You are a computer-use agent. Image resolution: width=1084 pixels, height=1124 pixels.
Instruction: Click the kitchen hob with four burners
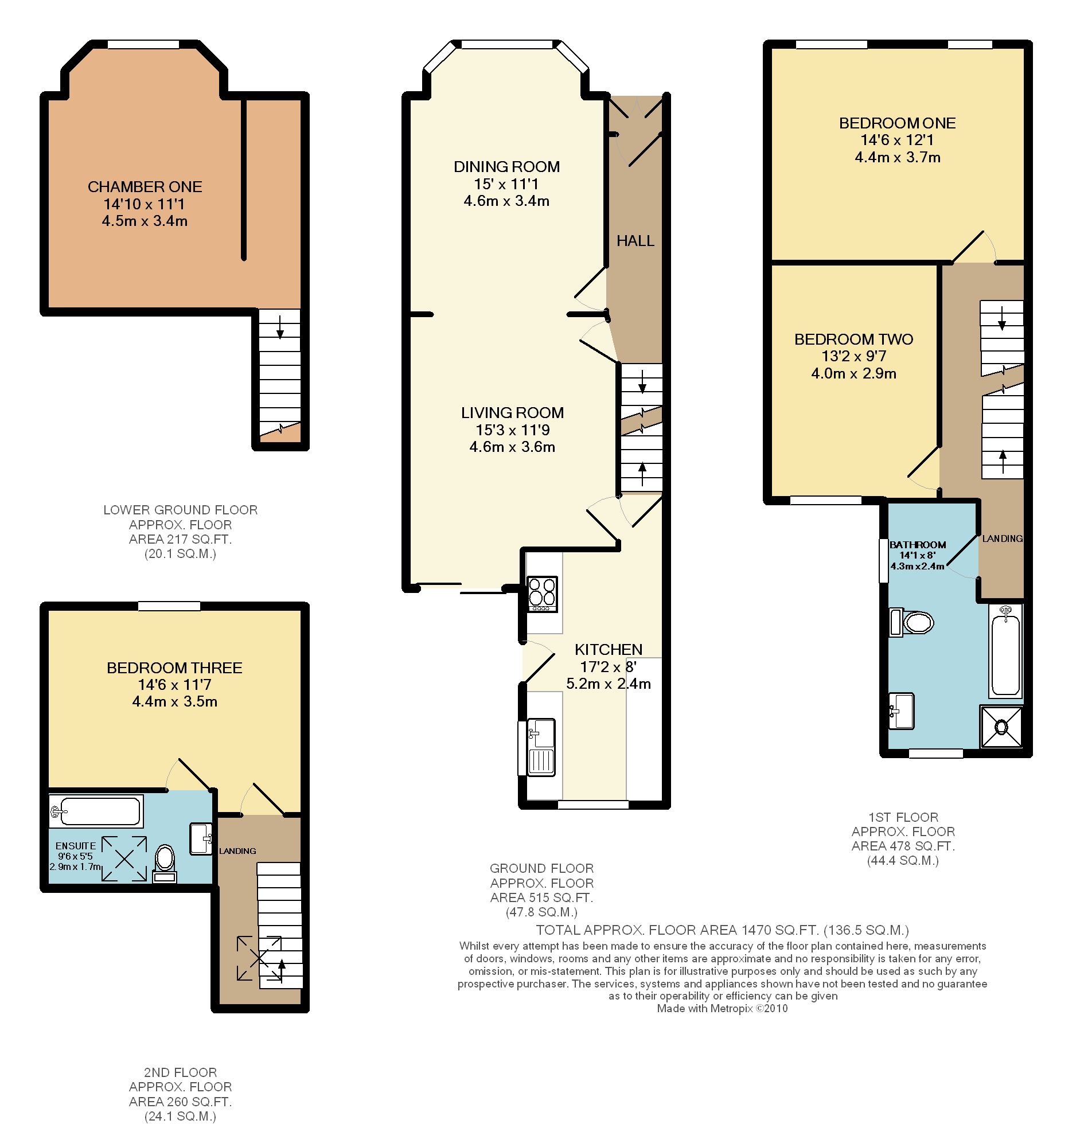click(x=542, y=594)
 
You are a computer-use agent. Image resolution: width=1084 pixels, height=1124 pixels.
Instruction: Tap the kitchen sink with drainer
click(x=541, y=747)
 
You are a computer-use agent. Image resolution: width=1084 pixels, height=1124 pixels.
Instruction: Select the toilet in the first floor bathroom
click(x=911, y=622)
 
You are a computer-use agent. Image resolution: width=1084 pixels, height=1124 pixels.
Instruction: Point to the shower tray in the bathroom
click(x=1001, y=727)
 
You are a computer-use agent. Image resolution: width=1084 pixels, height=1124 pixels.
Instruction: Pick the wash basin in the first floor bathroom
click(x=901, y=711)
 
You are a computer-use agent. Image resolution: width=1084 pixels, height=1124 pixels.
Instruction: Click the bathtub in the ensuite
click(x=96, y=811)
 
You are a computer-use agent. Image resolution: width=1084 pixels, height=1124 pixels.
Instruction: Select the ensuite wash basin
click(x=201, y=839)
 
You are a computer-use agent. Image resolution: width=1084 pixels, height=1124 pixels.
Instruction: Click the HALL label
click(x=635, y=241)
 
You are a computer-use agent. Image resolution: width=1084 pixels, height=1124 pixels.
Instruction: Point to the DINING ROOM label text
click(x=506, y=167)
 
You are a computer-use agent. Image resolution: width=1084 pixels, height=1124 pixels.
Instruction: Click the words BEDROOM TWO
click(x=853, y=339)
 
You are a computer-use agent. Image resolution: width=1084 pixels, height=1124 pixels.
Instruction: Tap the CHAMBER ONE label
click(x=145, y=187)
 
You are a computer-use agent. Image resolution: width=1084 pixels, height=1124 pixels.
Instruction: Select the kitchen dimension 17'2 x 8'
click(x=608, y=667)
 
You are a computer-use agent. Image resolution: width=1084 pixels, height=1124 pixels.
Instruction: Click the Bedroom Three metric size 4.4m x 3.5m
click(x=175, y=701)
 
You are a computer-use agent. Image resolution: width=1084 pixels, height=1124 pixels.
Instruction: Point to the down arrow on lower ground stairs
click(x=280, y=326)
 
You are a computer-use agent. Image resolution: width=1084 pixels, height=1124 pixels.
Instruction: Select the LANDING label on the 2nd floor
click(x=237, y=851)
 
